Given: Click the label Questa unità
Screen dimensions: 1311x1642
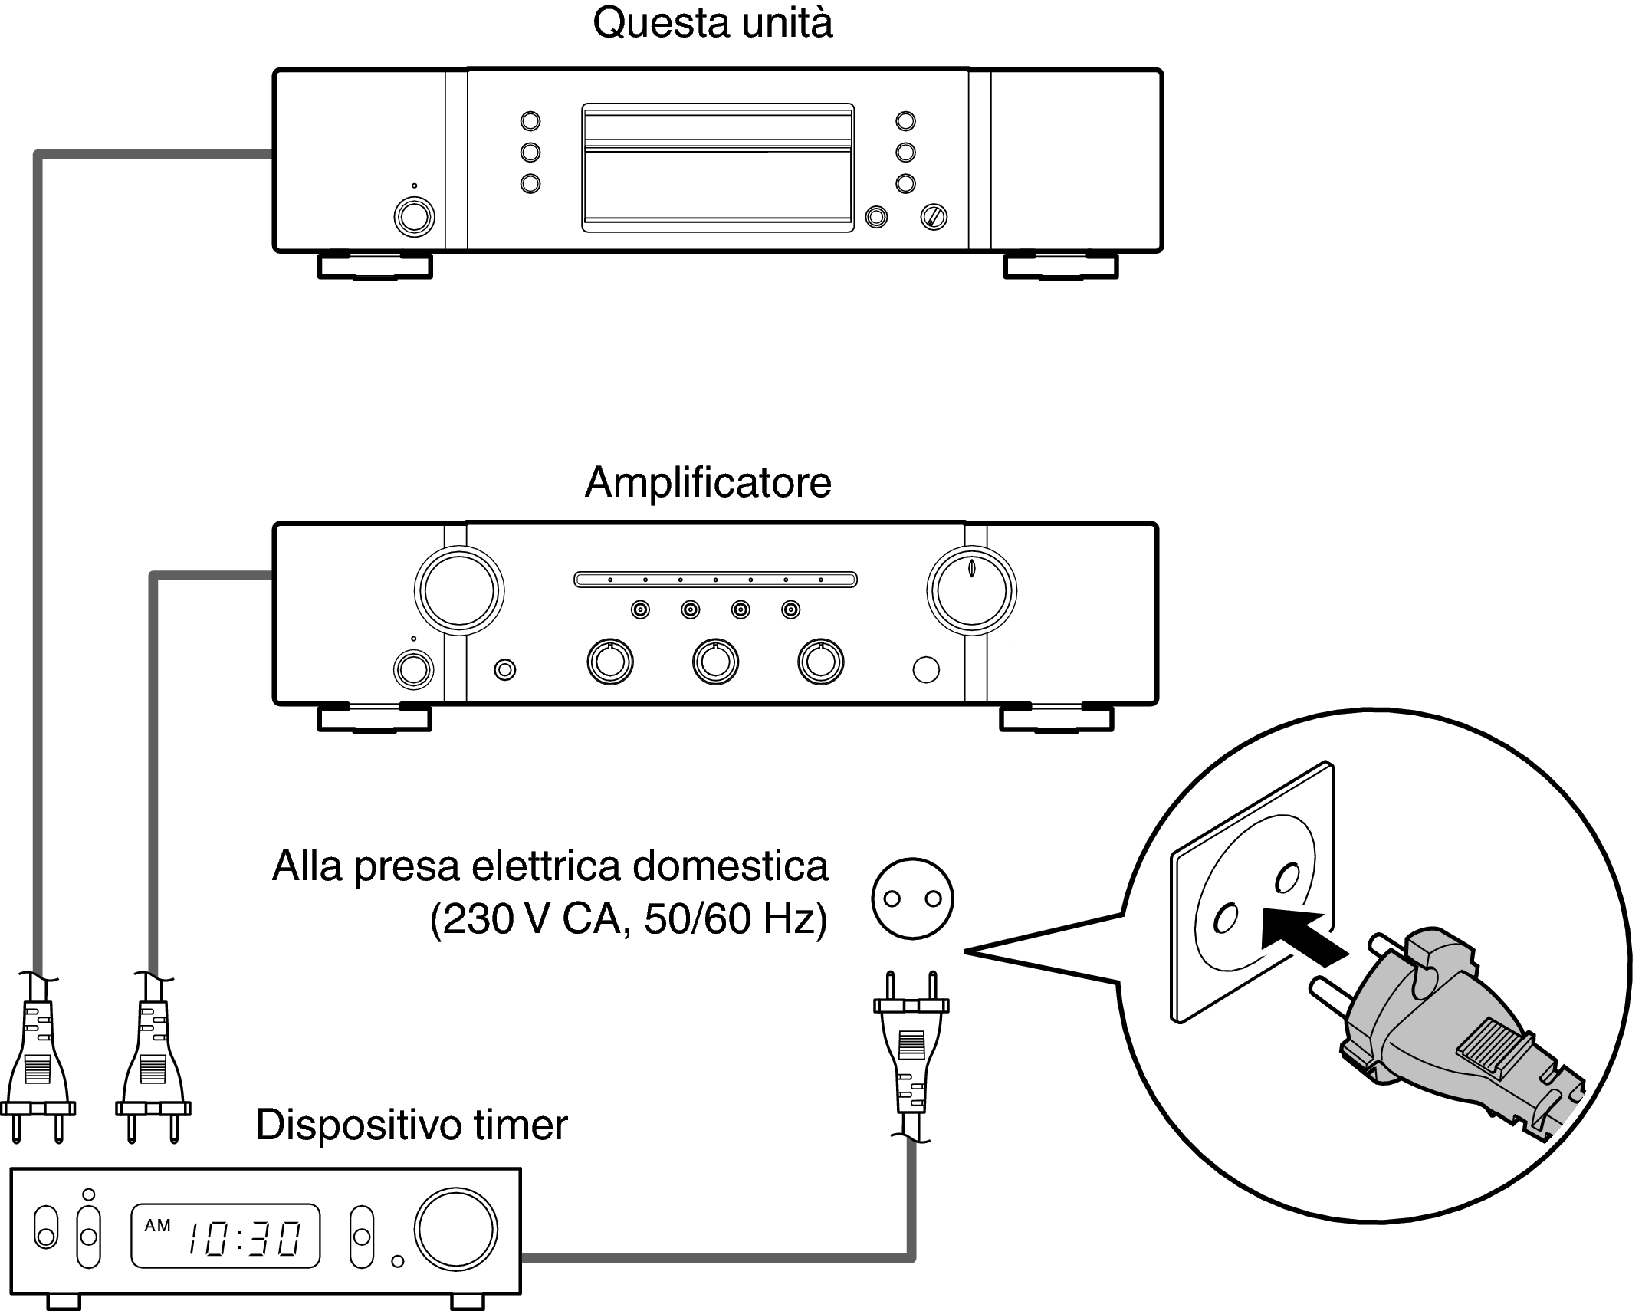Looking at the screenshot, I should pyautogui.click(x=712, y=24).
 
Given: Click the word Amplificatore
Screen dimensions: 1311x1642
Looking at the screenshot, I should pyautogui.click(x=708, y=483).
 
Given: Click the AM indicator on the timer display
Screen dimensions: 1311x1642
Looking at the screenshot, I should pyautogui.click(x=158, y=1226).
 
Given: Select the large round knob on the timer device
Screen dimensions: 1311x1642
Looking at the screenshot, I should pyautogui.click(x=455, y=1230).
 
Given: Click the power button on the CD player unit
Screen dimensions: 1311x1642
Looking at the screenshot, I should pyautogui.click(x=414, y=217).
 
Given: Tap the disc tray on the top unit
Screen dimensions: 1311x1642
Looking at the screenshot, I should pyautogui.click(x=718, y=167).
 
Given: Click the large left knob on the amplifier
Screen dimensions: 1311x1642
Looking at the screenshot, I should pyautogui.click(x=458, y=591).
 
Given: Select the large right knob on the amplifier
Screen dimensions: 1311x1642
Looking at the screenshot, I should pyautogui.click(x=971, y=591).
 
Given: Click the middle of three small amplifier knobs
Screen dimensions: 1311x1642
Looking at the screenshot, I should pyautogui.click(x=714, y=661).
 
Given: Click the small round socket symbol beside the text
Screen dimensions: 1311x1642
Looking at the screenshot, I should pyautogui.click(x=912, y=899).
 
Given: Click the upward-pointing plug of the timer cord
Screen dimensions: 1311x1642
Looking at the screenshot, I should pyautogui.click(x=911, y=1043).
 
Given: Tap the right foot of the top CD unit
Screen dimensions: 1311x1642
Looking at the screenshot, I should pyautogui.click(x=1060, y=265).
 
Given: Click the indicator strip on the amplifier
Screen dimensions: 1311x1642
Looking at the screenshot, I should pyautogui.click(x=714, y=580).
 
